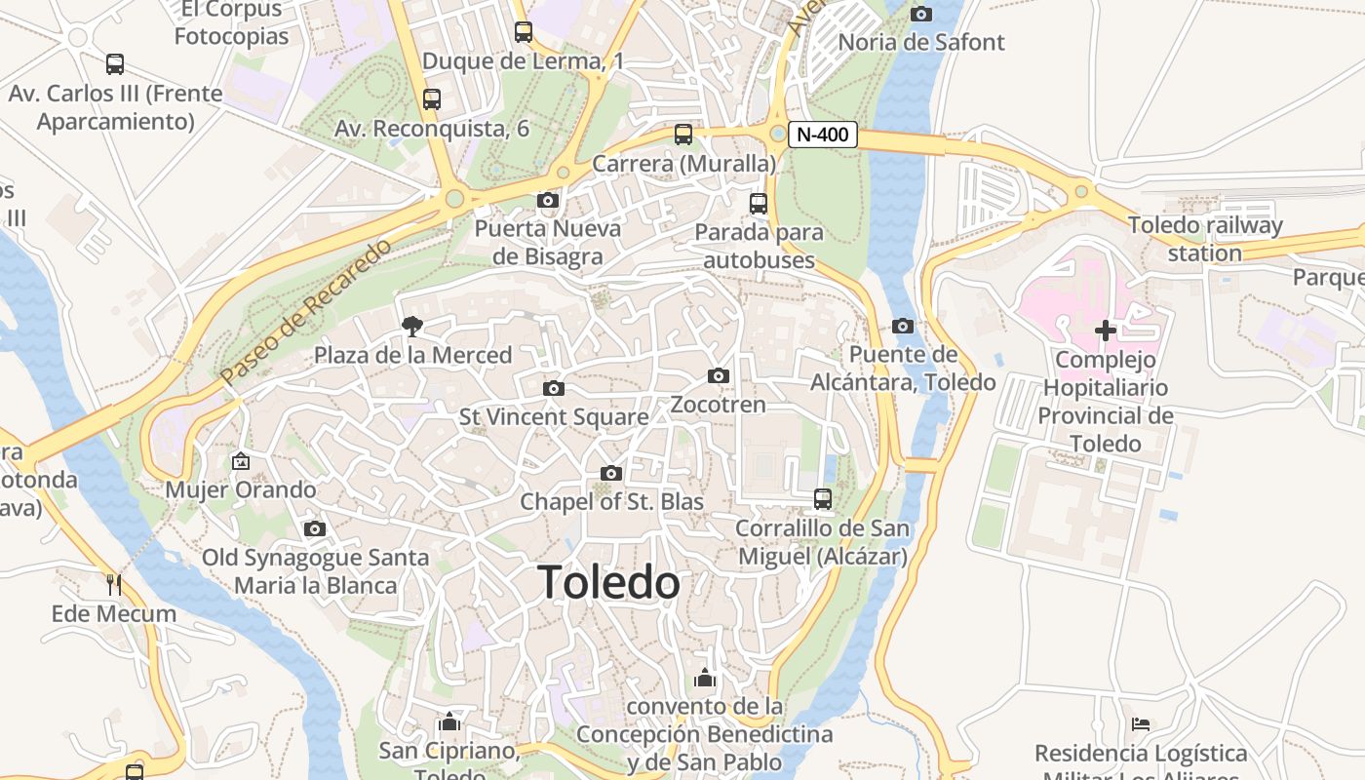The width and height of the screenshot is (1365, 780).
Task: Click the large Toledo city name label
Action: pos(609,583)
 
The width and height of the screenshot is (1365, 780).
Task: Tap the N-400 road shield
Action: pos(822,135)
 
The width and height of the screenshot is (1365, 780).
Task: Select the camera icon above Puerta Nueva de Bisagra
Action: pos(548,201)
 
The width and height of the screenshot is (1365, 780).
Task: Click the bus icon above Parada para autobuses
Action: pos(759,204)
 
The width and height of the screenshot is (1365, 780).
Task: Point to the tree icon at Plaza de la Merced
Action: pos(412,327)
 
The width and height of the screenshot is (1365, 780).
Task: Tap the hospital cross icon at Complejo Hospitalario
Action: pos(1105,331)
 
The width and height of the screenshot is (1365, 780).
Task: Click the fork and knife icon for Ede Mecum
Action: pos(114,585)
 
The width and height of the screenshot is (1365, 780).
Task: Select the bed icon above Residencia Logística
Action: pos(1141,724)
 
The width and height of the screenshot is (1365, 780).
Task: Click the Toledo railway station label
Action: pos(1205,239)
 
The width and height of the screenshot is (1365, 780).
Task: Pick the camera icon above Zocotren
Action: pos(719,376)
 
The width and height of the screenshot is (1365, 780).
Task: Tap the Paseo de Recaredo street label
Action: pos(305,310)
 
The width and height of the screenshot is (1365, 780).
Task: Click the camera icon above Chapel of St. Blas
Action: pos(611,474)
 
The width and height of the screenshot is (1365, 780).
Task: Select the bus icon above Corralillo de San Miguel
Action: pos(823,499)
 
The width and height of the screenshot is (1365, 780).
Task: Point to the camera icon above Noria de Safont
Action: pos(920,14)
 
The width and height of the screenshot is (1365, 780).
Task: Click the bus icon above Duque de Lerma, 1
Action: pos(524,32)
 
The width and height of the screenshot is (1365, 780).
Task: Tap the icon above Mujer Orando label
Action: pos(241,461)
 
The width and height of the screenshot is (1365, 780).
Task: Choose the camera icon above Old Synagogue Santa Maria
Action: pos(315,529)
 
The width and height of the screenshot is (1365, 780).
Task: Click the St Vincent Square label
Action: pos(554,417)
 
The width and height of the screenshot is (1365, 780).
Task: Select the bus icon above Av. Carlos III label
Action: pos(115,65)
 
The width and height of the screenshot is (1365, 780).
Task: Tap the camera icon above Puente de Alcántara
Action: pos(903,327)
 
